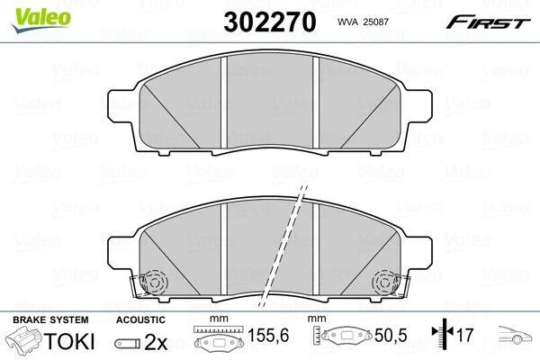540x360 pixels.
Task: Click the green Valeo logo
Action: click(x=41, y=20)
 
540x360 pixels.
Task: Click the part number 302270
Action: click(x=270, y=22)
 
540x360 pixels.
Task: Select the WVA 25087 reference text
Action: click(x=363, y=22)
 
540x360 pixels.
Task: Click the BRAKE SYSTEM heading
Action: click(x=50, y=319)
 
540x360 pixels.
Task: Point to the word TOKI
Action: click(x=69, y=341)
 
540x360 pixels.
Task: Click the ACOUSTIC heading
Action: click(x=140, y=319)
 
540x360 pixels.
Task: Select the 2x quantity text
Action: click(x=156, y=342)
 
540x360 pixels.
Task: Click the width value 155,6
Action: click(x=268, y=335)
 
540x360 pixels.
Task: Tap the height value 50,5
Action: click(x=391, y=335)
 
